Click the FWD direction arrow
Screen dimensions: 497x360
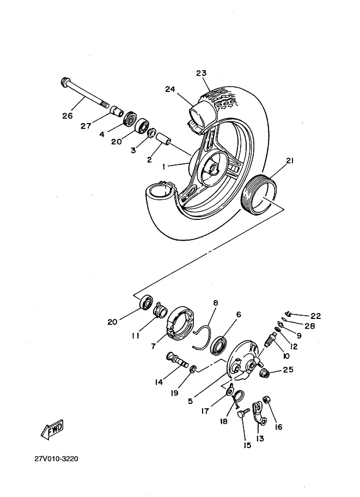(x=52, y=431)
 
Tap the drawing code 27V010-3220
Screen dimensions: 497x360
(x=56, y=458)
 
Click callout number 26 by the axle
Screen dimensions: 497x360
(x=67, y=115)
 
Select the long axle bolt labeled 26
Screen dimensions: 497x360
(x=84, y=94)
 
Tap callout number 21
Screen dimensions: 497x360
(x=289, y=161)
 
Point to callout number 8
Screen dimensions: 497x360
(x=215, y=303)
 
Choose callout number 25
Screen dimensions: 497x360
(x=288, y=370)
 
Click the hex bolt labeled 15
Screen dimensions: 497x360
(x=242, y=415)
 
